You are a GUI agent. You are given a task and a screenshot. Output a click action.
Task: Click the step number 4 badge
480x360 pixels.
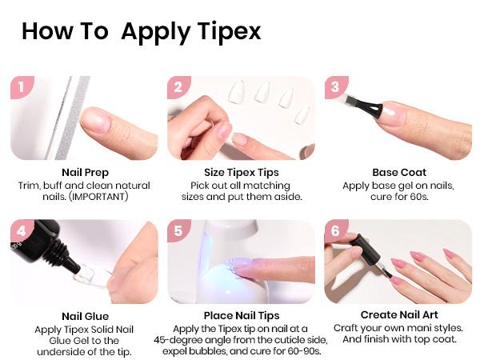(x=21, y=231)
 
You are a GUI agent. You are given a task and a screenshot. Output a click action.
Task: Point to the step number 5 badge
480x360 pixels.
(x=178, y=231)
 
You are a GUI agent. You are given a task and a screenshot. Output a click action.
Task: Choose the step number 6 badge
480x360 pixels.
(x=335, y=231)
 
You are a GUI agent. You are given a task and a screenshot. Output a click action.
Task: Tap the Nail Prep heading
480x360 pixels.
(x=85, y=172)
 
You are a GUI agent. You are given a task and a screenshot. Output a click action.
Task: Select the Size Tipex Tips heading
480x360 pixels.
(x=242, y=172)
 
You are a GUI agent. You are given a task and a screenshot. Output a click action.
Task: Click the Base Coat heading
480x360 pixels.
(x=398, y=172)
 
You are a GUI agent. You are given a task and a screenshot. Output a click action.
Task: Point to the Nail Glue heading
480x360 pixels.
(x=85, y=316)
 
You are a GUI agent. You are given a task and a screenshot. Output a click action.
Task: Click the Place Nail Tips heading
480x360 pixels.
(x=242, y=316)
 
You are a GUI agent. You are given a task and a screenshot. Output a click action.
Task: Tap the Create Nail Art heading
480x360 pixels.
(x=398, y=316)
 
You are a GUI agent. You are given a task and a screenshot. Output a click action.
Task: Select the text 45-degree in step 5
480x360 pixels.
(x=195, y=341)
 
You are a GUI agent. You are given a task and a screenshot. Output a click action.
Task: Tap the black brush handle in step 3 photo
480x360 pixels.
(x=364, y=107)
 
